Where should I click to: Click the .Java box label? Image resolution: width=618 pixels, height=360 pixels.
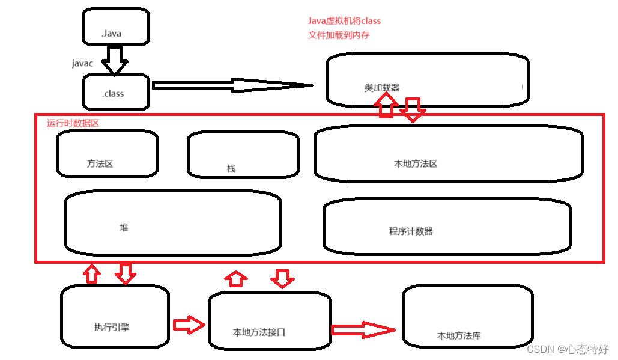coord(112,34)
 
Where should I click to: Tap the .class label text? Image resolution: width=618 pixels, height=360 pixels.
coord(113,94)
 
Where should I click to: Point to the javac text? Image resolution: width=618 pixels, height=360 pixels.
coord(82,63)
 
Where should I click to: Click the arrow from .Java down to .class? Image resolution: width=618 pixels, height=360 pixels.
coord(114,60)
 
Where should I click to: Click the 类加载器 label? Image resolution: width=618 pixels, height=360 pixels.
coord(381,88)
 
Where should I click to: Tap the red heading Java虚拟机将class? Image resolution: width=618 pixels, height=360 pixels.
coord(344,21)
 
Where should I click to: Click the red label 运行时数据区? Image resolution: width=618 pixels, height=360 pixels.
coord(73,123)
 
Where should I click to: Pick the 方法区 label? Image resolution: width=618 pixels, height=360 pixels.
coord(100,163)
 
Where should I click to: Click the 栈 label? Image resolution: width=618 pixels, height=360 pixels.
coord(231,169)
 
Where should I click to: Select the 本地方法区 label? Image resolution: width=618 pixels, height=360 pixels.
coord(415,163)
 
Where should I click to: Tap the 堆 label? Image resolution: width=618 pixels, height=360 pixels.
coord(124,228)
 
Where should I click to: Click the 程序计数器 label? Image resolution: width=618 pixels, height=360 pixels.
coord(411,231)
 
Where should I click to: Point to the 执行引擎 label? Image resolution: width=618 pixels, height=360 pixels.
coord(112,328)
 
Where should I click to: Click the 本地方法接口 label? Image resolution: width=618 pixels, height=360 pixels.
coord(259,332)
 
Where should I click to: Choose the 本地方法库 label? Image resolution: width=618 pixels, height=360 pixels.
coord(459,336)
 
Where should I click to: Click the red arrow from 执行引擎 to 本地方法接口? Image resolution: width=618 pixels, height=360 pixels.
coord(189,325)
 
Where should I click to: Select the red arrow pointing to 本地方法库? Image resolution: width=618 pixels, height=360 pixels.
coord(363,329)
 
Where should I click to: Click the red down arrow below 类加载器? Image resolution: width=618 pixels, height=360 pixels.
coord(413,109)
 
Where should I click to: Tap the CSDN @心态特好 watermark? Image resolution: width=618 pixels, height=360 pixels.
coord(568,349)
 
